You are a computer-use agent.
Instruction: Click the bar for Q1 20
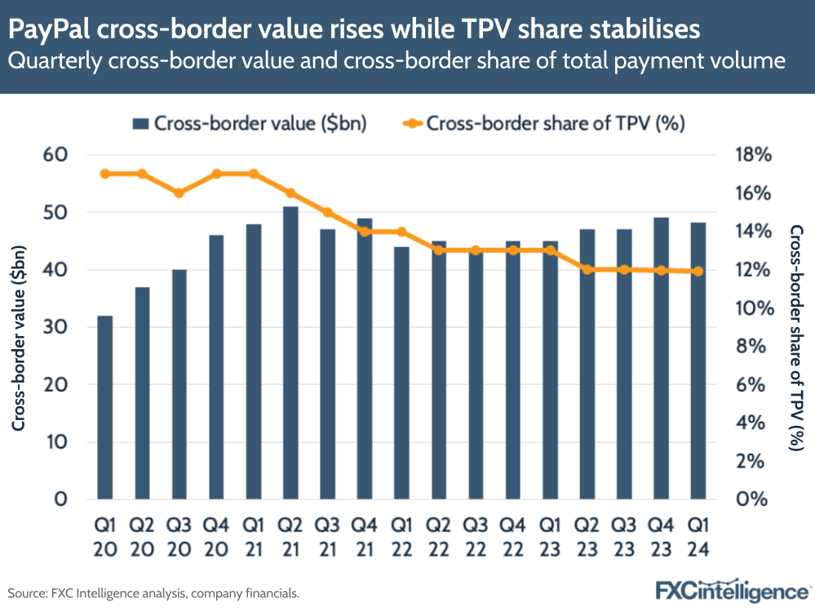pos(105,407)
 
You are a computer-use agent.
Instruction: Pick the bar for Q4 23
pos(661,358)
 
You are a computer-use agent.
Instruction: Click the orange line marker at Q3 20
pos(179,193)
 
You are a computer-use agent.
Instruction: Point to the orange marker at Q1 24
pos(698,272)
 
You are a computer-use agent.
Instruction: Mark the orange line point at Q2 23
pos(587,269)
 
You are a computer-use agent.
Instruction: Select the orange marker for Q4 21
pos(365,232)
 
